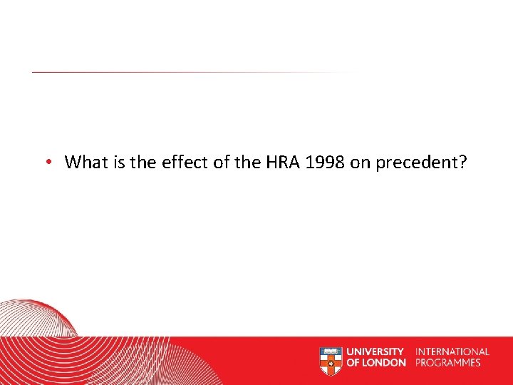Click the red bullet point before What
[x=46, y=163]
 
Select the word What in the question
[x=85, y=162]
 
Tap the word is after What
[x=116, y=162]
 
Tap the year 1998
[x=325, y=162]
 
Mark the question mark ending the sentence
[x=463, y=162]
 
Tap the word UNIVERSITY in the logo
[x=375, y=351]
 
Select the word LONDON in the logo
[x=385, y=363]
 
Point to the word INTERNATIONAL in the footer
[x=452, y=351]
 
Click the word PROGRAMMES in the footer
[x=449, y=363]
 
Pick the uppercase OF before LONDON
[x=353, y=363]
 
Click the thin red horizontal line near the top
[x=178, y=72]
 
